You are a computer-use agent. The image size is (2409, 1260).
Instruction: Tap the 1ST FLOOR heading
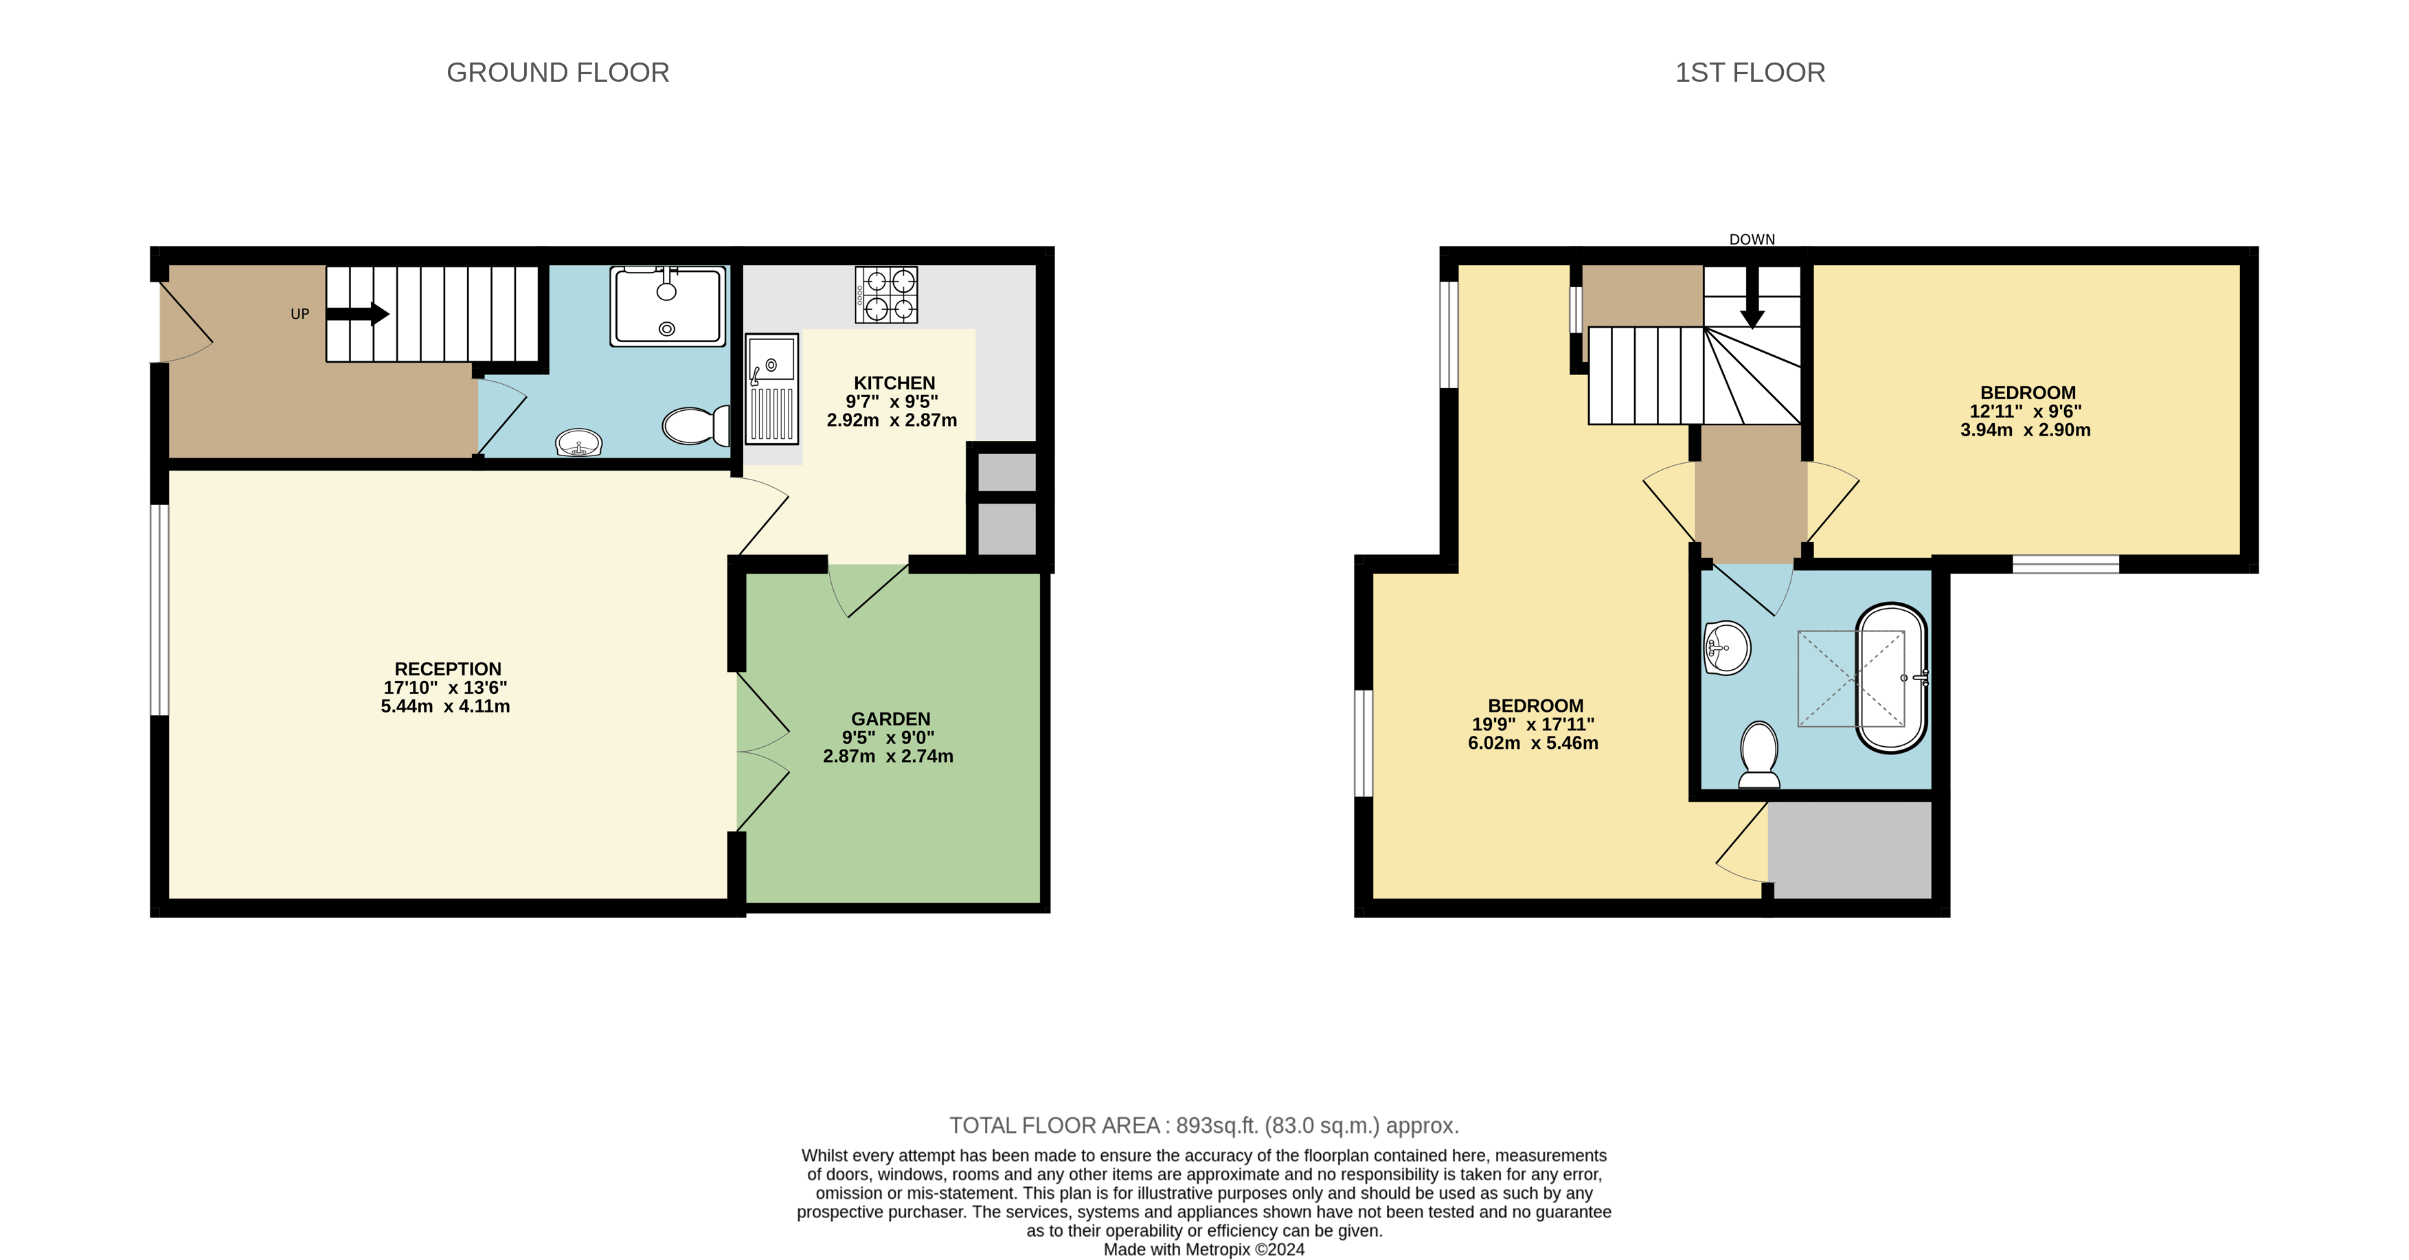1750,72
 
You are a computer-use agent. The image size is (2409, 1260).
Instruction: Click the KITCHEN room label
894,383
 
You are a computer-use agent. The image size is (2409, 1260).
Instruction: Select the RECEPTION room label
447,669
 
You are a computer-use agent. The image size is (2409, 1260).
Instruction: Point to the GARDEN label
890,719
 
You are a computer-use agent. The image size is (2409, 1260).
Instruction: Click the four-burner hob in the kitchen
885,295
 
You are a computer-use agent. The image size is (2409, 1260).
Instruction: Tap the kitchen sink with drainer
771,388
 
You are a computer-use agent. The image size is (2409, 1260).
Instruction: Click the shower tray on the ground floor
668,306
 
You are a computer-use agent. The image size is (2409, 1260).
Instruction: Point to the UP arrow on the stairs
357,314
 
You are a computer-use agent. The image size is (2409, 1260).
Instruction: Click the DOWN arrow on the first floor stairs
1752,300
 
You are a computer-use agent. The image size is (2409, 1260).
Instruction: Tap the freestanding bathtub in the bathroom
1891,677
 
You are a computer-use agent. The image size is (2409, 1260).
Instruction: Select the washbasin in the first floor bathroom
1726,647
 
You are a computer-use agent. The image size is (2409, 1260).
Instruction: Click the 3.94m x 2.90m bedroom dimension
2024,430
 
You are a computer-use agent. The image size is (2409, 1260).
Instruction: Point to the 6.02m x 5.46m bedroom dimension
1533,743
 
